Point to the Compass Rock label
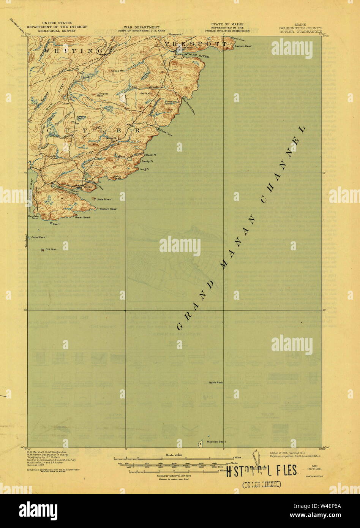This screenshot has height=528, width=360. pyautogui.click(x=103, y=94)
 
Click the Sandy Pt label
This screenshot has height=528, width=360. pyautogui.click(x=147, y=162)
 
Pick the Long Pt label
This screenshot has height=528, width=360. pyautogui.click(x=144, y=169)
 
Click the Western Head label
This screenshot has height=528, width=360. pyautogui.click(x=108, y=209)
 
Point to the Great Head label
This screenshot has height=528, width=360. pyautogui.click(x=82, y=217)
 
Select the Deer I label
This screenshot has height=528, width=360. pyautogui.click(x=57, y=224)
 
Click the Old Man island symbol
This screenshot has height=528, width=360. pyautogui.click(x=42, y=250)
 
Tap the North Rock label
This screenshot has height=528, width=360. pyautogui.click(x=216, y=383)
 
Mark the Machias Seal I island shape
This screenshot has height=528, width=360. pyautogui.click(x=201, y=443)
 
